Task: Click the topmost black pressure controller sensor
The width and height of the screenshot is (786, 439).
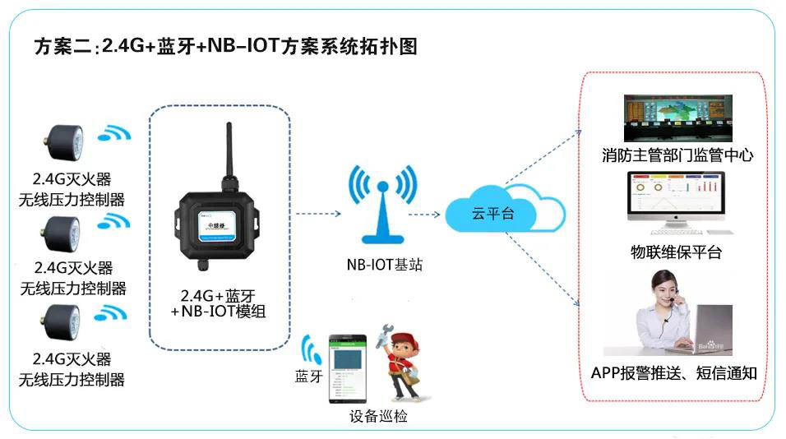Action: pos(65,142)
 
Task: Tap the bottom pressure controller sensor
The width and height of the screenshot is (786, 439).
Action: pos(62,323)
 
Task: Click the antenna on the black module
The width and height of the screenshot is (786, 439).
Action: pos(229,150)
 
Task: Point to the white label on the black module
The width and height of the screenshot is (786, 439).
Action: pos(217,226)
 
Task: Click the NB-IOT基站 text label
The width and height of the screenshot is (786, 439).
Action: pos(385,264)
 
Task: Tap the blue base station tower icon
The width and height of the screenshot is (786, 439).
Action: pos(382,205)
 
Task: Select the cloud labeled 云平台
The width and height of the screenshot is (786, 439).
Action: pos(505,210)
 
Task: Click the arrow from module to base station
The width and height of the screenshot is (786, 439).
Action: pos(318,214)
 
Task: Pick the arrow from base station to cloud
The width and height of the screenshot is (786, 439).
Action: pos(424,215)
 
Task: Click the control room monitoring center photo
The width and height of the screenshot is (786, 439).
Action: pos(677,118)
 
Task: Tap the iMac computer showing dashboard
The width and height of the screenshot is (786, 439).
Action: pos(676,203)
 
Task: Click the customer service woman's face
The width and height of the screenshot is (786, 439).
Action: pos(666,291)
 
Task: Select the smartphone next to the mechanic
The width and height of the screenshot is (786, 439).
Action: pos(348,368)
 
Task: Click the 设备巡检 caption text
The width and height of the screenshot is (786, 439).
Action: pos(378,416)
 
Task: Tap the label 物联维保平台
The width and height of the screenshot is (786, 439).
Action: pos(676,252)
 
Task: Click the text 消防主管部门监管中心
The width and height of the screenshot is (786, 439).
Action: pos(677,155)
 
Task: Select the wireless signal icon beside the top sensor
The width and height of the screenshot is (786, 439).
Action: pos(114,133)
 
